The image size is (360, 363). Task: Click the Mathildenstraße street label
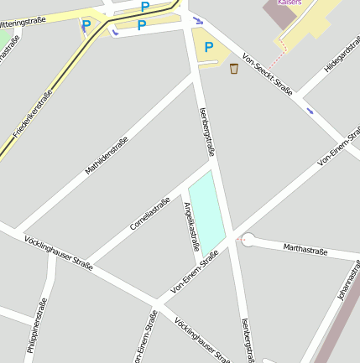[x=106, y=156]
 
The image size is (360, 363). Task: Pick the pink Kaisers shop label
[x=290, y=3]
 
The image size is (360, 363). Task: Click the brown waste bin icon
[x=233, y=68]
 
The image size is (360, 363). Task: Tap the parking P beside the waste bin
[x=209, y=48]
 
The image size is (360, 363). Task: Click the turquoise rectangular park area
[x=207, y=210]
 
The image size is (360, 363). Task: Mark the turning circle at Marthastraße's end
[x=247, y=241]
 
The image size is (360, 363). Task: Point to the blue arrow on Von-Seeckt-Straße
[x=310, y=111]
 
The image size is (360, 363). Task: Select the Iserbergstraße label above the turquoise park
[x=208, y=132]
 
